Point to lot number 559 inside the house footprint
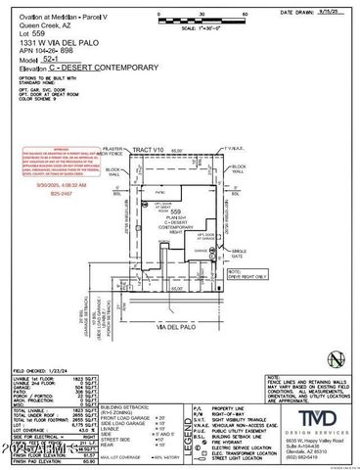[x=176, y=211]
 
